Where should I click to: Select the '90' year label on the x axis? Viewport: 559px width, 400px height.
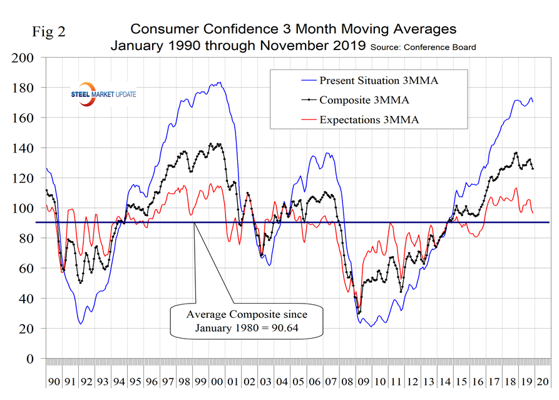pos(54,382)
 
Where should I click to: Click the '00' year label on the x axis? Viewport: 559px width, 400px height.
pos(217,382)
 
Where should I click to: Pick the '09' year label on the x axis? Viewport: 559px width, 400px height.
pos(364,382)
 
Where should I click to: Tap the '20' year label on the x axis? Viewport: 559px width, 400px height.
pos(543,382)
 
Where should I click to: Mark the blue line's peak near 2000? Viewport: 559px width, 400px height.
pos(218,82)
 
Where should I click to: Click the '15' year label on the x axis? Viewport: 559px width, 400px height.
pos(461,382)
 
